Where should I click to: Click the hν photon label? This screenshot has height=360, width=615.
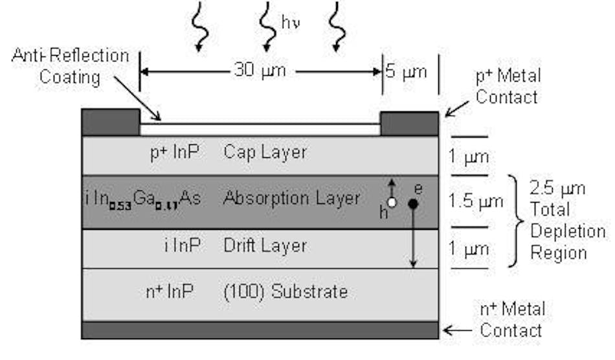coord(290,24)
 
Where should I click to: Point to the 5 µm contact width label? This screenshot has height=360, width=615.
coord(407,71)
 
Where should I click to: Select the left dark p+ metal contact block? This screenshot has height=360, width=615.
coord(111,122)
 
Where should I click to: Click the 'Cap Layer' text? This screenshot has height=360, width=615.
coord(264,153)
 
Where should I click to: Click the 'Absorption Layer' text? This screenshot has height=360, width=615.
coord(291,198)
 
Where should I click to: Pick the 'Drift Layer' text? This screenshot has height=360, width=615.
coord(264,246)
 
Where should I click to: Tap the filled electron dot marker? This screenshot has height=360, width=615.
coord(412,203)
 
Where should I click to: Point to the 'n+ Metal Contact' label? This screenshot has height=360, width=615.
coord(511,319)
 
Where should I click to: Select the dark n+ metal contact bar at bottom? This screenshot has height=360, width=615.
coord(260,330)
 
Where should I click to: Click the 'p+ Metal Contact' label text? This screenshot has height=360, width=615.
coord(509,87)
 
